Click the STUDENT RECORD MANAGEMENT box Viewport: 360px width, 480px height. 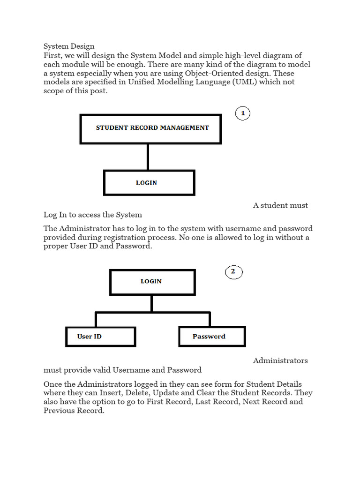click(x=150, y=128)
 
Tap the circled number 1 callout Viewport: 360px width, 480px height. click(x=242, y=113)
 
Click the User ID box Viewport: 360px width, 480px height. click(x=100, y=337)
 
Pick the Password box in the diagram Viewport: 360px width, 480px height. click(x=212, y=337)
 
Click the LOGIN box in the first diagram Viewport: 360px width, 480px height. click(x=149, y=183)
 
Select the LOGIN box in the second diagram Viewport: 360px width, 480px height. click(x=152, y=282)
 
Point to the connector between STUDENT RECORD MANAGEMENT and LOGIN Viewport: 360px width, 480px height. click(x=148, y=157)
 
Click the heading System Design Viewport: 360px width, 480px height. click(x=69, y=46)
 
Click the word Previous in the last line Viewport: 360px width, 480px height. click(x=58, y=411)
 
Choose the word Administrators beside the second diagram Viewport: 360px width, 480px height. click(x=280, y=360)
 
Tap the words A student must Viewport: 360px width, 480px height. click(x=280, y=205)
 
